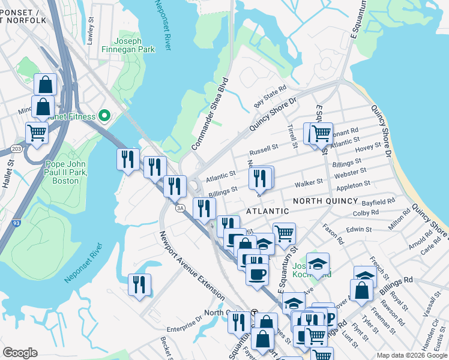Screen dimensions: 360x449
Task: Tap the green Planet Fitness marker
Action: (105, 115)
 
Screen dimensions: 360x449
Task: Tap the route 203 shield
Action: (16, 149)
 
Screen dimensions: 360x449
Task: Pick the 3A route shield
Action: (179, 208)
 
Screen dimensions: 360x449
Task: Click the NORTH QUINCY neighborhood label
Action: (325, 201)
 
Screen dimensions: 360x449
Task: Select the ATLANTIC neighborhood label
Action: (267, 211)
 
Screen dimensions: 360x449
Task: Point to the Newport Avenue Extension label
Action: (191, 266)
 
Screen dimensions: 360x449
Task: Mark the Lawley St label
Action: (91, 28)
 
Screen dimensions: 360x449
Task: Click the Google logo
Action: (20, 353)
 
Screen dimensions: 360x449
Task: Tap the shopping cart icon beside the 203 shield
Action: (37, 133)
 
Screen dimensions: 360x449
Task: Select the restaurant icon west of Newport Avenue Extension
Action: (139, 284)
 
